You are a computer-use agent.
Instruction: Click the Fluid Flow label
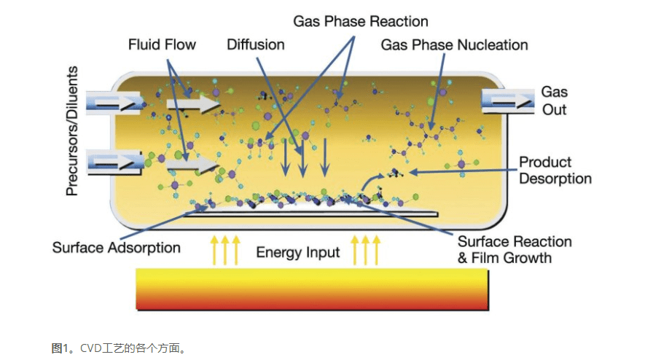tap(162, 44)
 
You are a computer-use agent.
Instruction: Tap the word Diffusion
tap(255, 44)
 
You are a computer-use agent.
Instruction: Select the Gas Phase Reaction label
tap(361, 21)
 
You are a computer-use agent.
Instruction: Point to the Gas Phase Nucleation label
tap(454, 45)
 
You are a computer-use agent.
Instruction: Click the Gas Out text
tap(554, 101)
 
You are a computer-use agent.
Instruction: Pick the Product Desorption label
tap(555, 170)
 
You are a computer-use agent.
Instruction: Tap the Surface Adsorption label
tap(116, 248)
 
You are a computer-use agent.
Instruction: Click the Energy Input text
tap(298, 253)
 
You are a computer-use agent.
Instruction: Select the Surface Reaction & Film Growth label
tap(514, 249)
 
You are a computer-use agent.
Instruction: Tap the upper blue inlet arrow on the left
tap(112, 102)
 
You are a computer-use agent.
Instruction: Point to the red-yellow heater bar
tap(312, 289)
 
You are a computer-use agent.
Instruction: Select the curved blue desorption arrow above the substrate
tap(370, 179)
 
